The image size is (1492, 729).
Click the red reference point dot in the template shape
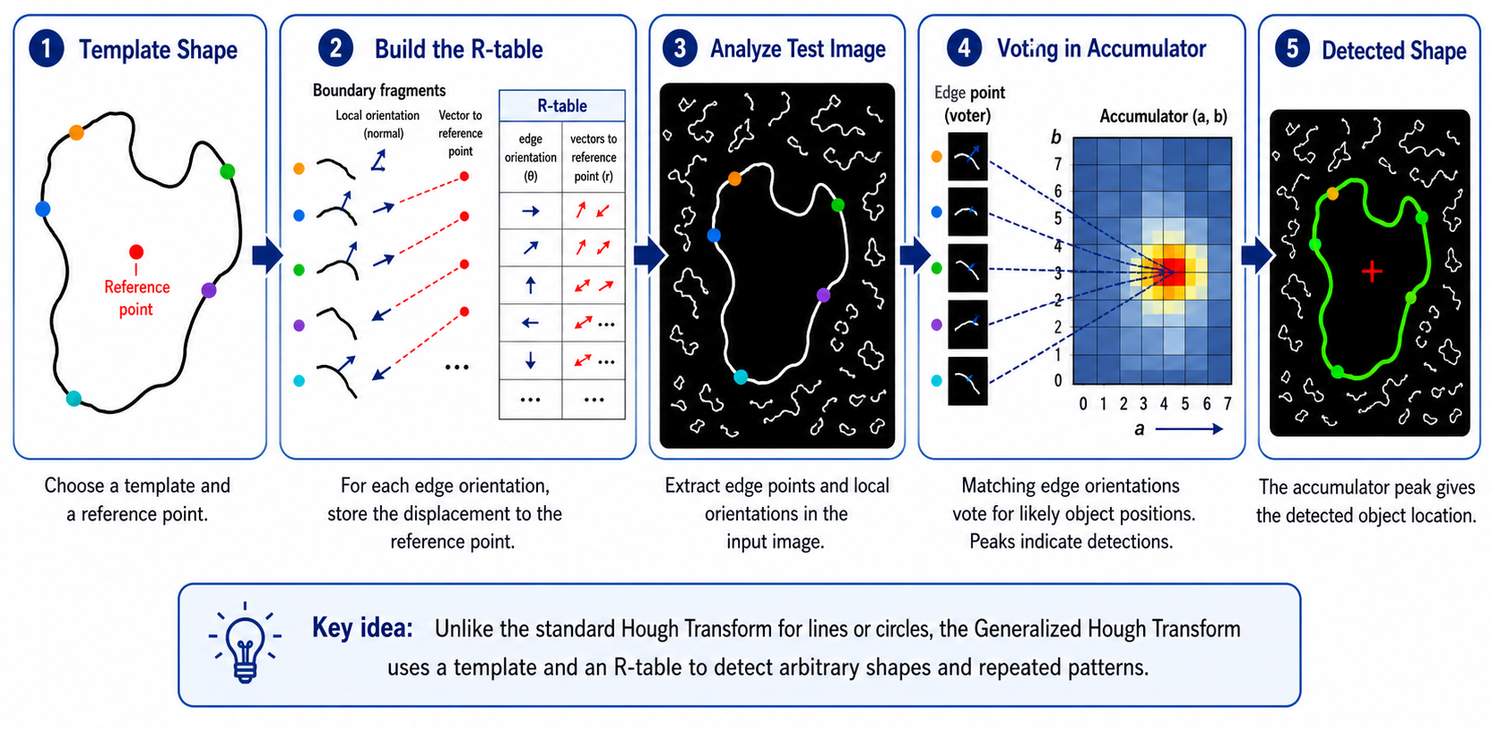coord(136,252)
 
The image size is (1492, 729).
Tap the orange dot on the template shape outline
coord(77,132)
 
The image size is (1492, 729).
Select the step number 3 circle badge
coord(680,48)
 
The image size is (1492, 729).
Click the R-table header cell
coord(561,106)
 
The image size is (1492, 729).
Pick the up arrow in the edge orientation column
coord(530,286)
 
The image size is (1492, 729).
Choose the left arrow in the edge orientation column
coord(530,323)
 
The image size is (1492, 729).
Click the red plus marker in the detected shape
coord(1372,271)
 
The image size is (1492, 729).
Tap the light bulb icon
coord(245,643)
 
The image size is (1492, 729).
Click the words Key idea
coord(362,628)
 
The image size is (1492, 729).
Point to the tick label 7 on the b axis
coord(1057,164)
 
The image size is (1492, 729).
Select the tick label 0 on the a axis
coord(1083,403)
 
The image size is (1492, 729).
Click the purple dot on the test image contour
coord(824,295)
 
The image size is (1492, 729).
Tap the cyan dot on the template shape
coord(73,398)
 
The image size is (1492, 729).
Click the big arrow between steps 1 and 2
coord(268,255)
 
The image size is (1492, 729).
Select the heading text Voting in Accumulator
coord(1101,48)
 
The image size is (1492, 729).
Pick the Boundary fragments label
coord(379,90)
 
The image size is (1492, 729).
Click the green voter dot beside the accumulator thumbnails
coord(936,269)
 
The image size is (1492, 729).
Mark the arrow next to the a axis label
coord(1189,429)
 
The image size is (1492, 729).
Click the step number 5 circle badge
coord(1292,49)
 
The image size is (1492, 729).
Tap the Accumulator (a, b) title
coord(1163,117)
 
